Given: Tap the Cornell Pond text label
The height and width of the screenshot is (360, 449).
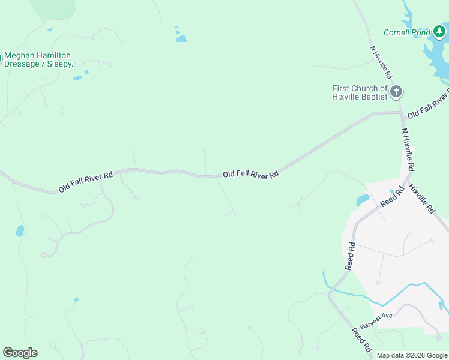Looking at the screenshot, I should pyautogui.click(x=406, y=32).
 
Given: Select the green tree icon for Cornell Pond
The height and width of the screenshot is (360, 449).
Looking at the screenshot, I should pyautogui.click(x=440, y=31).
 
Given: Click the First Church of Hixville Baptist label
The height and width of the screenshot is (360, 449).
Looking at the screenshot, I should pyautogui.click(x=360, y=92).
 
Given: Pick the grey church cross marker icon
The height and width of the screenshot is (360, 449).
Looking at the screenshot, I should pyautogui.click(x=396, y=92).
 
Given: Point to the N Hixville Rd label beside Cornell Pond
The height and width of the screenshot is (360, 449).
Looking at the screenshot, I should pyautogui.click(x=381, y=62).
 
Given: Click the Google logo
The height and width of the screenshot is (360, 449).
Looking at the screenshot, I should pyautogui.click(x=20, y=353).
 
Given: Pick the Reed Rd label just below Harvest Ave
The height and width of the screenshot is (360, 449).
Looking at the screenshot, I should pyautogui.click(x=362, y=340).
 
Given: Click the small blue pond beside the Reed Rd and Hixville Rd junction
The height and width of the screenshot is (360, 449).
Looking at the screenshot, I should pyautogui.click(x=363, y=200).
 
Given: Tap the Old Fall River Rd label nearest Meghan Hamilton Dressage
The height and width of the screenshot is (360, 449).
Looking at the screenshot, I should pyautogui.click(x=86, y=182).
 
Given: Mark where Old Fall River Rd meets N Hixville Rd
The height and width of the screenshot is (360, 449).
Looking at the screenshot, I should pyautogui.click(x=401, y=112).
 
